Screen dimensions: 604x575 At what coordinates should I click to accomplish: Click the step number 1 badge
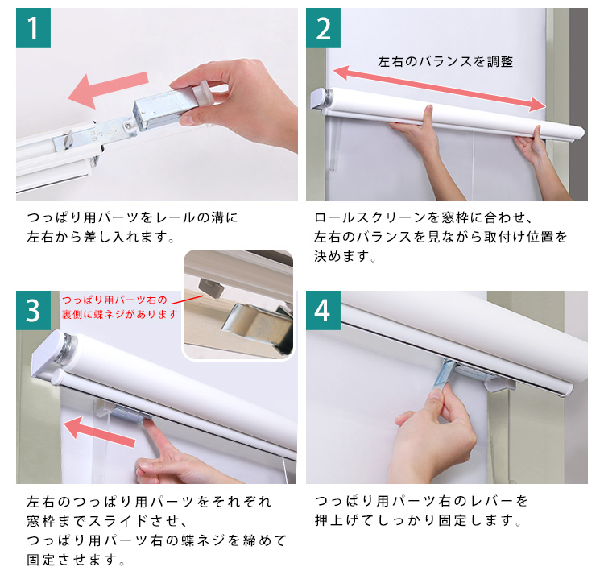point(33,27)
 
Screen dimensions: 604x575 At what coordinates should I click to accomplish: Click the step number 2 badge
point(323,27)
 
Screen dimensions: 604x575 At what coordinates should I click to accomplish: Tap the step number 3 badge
point(33,310)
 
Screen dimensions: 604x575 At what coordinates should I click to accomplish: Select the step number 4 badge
point(323,310)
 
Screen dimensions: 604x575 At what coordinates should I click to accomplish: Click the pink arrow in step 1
point(108,89)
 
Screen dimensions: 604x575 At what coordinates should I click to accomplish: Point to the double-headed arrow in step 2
point(440,89)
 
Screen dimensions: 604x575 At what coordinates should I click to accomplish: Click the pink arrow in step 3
point(99,432)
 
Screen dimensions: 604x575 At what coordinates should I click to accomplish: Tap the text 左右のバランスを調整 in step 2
point(445,62)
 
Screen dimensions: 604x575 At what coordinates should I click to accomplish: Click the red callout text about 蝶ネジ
point(120,307)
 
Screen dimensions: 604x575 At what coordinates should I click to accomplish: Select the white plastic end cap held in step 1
point(203,93)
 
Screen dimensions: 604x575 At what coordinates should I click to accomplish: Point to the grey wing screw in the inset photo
point(211,287)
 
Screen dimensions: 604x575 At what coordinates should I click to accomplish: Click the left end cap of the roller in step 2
point(321,98)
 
